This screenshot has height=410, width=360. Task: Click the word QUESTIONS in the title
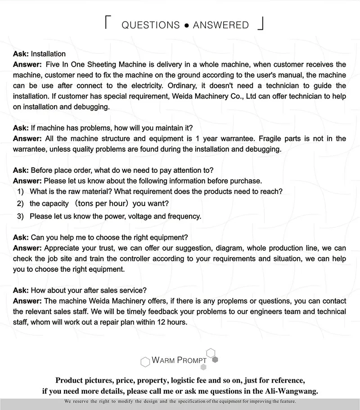click(150, 25)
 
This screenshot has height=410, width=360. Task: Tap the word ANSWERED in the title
click(220, 25)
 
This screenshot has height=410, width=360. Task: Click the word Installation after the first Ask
click(48, 54)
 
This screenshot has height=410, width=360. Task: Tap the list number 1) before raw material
click(20, 192)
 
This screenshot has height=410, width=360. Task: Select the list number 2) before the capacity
click(20, 204)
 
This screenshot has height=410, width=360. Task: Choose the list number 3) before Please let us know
click(20, 216)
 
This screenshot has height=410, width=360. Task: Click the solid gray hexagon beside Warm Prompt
click(215, 360)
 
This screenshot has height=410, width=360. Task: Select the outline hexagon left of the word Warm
click(145, 362)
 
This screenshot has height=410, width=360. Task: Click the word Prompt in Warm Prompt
click(189, 360)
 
